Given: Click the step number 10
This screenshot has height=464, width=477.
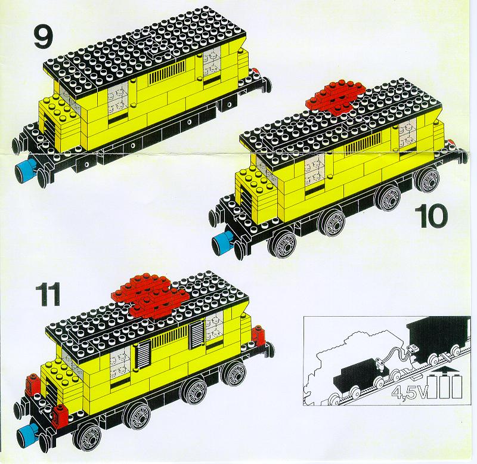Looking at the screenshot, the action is (430, 216).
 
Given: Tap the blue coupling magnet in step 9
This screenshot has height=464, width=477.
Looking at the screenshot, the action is (26, 170).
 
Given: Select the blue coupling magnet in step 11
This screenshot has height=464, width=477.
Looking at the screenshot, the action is (27, 434).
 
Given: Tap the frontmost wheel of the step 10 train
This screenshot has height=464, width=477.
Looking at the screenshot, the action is (281, 245).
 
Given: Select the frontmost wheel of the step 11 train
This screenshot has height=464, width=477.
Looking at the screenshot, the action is (87, 438).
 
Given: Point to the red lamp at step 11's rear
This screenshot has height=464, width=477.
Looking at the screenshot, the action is (259, 335).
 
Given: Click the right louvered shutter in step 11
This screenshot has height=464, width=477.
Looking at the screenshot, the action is (197, 336).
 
